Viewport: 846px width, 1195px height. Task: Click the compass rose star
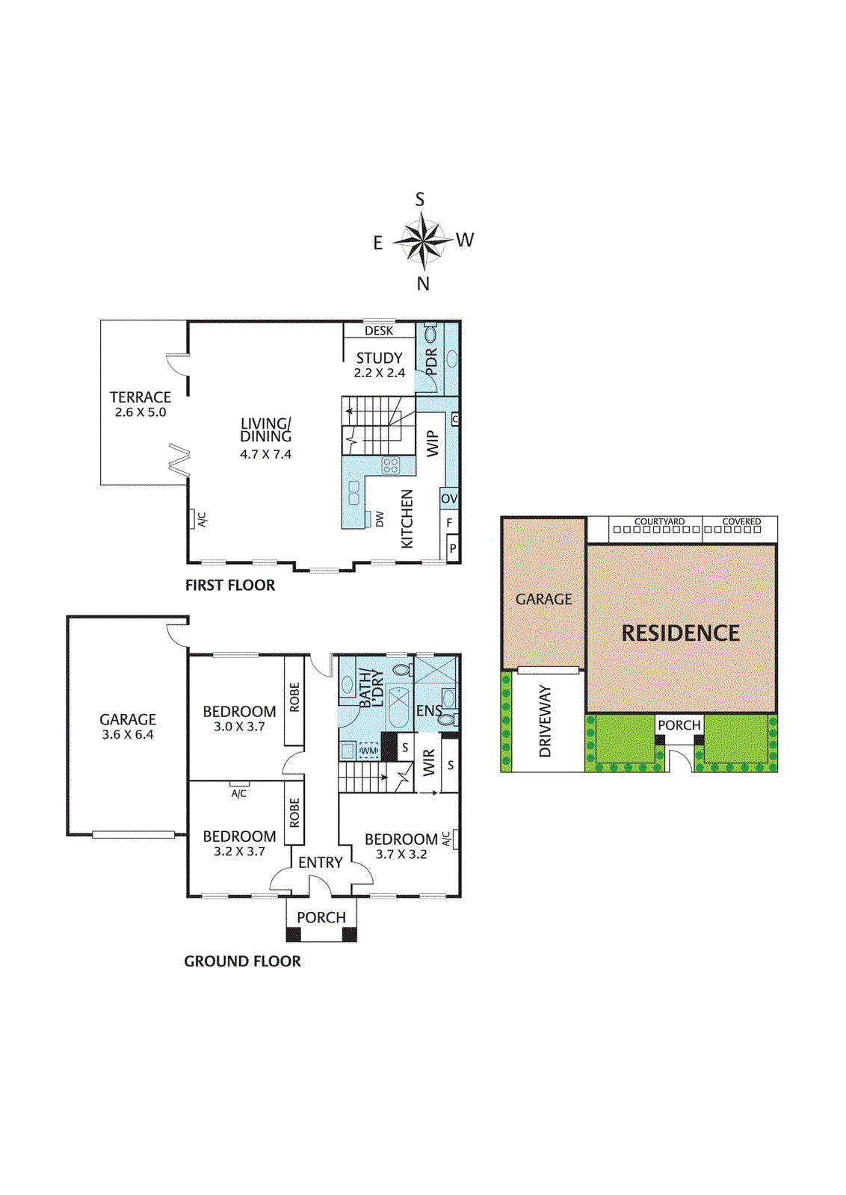click(423, 241)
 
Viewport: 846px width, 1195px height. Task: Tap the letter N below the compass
click(423, 284)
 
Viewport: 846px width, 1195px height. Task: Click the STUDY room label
click(379, 358)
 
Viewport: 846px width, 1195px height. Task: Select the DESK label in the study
click(379, 331)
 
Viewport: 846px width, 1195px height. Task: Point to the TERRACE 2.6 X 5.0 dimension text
click(141, 412)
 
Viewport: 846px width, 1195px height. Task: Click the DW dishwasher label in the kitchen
click(380, 518)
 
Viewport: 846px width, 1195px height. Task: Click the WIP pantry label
click(432, 444)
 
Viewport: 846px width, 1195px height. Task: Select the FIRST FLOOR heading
click(230, 586)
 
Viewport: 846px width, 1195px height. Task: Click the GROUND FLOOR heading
click(242, 961)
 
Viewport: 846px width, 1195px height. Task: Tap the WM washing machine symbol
click(368, 751)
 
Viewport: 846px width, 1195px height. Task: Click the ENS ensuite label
click(428, 711)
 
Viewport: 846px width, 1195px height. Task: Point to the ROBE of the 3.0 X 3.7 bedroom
click(294, 698)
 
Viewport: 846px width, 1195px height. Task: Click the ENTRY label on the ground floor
click(321, 863)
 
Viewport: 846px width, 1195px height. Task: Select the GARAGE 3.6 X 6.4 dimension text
click(128, 735)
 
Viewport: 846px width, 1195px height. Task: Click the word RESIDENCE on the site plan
click(680, 633)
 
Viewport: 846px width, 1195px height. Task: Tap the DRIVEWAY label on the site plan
click(545, 721)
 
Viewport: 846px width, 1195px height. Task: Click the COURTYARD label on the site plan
click(659, 521)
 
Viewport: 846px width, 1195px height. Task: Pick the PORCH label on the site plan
click(679, 725)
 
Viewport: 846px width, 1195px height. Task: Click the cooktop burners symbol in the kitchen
click(391, 466)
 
